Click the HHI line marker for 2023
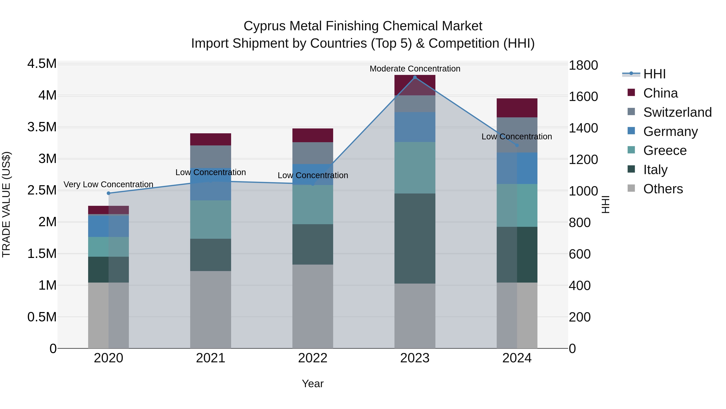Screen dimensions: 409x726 pyautogui.click(x=415, y=77)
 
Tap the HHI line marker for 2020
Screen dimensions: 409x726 pyautogui.click(x=108, y=193)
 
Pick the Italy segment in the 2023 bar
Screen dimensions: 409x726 pyautogui.click(x=415, y=238)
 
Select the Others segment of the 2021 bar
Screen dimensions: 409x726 pyautogui.click(x=211, y=309)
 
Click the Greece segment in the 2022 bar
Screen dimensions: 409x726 pyautogui.click(x=313, y=205)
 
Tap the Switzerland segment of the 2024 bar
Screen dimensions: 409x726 pyautogui.click(x=517, y=135)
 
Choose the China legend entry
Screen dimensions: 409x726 pyautogui.click(x=660, y=93)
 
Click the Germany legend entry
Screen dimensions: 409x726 pyautogui.click(x=670, y=131)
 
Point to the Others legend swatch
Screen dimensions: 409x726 pyautogui.click(x=631, y=188)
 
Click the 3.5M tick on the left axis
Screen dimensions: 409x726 pyautogui.click(x=42, y=127)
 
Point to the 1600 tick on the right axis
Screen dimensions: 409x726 pyautogui.click(x=583, y=97)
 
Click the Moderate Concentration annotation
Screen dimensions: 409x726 pyautogui.click(x=415, y=69)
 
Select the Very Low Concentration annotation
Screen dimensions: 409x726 pyautogui.click(x=108, y=184)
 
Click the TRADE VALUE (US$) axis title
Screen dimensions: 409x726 pyautogui.click(x=6, y=204)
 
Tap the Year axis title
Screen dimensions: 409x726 pyautogui.click(x=313, y=384)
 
